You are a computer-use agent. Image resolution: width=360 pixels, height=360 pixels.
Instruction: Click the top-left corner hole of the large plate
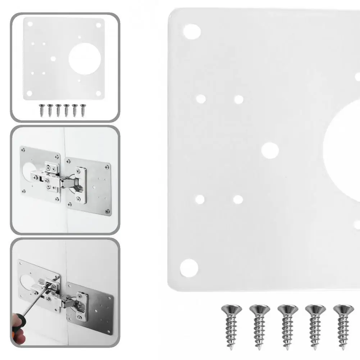coord(192,32)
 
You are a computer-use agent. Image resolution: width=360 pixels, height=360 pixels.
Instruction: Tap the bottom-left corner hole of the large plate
coord(189,268)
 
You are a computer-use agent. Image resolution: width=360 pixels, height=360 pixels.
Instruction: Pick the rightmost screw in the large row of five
coord(344,326)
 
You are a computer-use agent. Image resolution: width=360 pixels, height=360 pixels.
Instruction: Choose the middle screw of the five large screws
coord(288,326)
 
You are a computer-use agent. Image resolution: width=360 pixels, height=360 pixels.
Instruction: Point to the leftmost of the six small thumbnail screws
coord(41,110)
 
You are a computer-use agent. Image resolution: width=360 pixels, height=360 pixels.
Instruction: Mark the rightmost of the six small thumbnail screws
coord(83,110)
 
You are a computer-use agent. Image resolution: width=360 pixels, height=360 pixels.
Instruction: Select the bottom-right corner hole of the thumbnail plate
coord(98,93)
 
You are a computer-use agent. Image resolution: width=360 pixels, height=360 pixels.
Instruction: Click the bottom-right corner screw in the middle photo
coord(106,211)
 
